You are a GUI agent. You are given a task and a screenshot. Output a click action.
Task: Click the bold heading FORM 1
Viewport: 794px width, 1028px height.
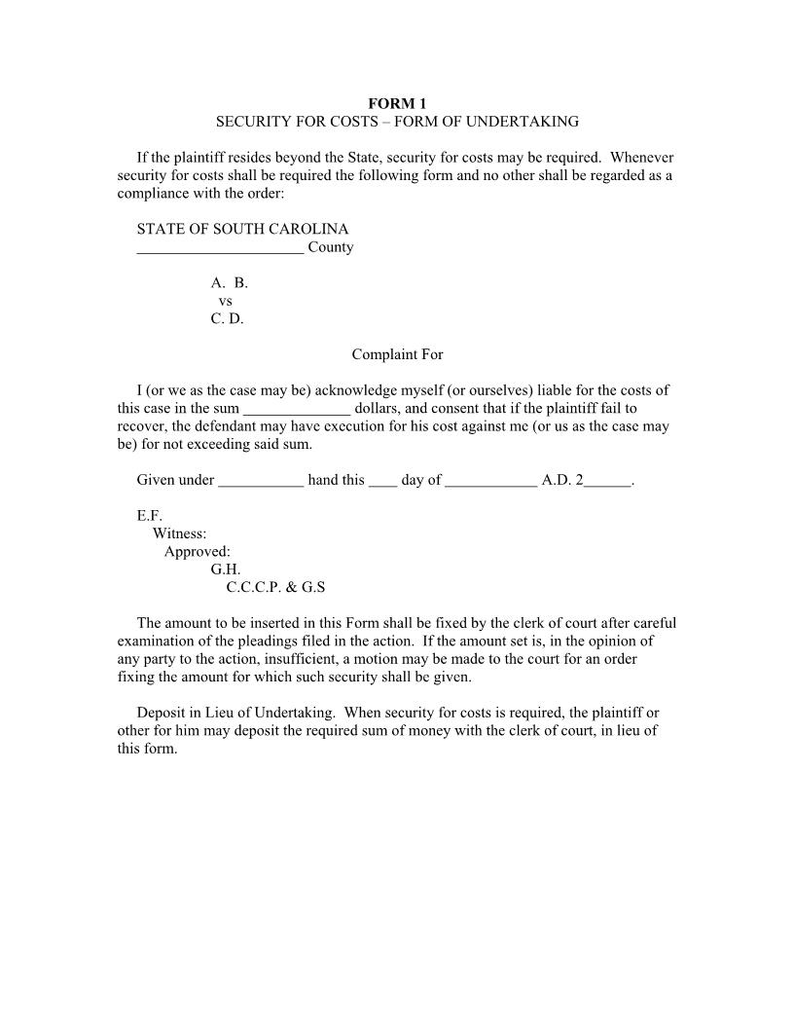[397, 103]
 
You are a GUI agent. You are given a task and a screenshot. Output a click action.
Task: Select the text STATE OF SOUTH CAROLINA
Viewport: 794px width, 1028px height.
[242, 229]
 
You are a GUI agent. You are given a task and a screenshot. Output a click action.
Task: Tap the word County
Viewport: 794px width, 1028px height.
[331, 247]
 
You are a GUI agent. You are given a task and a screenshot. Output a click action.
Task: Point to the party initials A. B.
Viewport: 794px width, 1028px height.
[230, 283]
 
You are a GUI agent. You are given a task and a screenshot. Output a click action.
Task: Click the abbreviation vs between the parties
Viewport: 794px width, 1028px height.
[226, 301]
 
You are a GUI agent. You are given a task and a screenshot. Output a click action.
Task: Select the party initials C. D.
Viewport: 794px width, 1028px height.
[228, 318]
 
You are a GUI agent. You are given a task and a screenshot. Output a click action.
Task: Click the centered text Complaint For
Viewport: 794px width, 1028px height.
[397, 354]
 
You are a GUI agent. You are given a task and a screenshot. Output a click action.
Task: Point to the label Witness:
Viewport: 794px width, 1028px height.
[179, 533]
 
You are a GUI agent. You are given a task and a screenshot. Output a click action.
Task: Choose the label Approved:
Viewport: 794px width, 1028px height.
[198, 552]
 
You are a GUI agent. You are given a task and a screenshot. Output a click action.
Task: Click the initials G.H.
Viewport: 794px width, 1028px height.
[226, 569]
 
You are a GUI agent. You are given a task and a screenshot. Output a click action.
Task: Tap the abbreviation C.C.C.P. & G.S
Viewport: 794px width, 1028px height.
[275, 587]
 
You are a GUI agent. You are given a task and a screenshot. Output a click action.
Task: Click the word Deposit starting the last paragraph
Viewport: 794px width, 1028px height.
[162, 712]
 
